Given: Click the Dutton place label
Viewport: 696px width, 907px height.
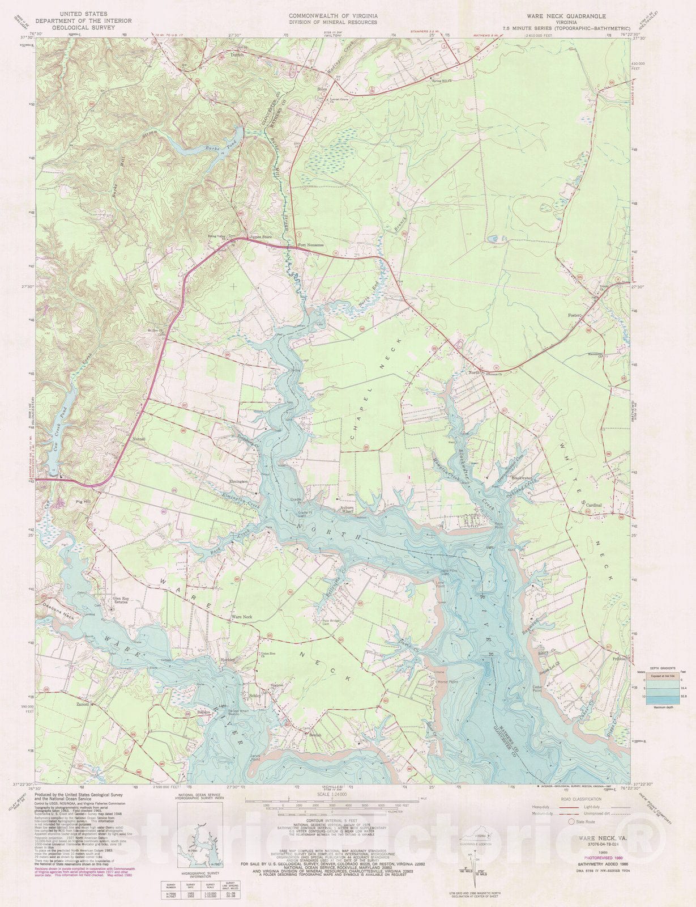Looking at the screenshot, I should tap(238, 55).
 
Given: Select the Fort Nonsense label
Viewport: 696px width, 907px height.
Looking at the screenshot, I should tap(310, 245).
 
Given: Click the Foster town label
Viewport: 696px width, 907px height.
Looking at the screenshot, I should tap(575, 315).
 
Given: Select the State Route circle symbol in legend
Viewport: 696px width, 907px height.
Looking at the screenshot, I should tap(572, 821).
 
